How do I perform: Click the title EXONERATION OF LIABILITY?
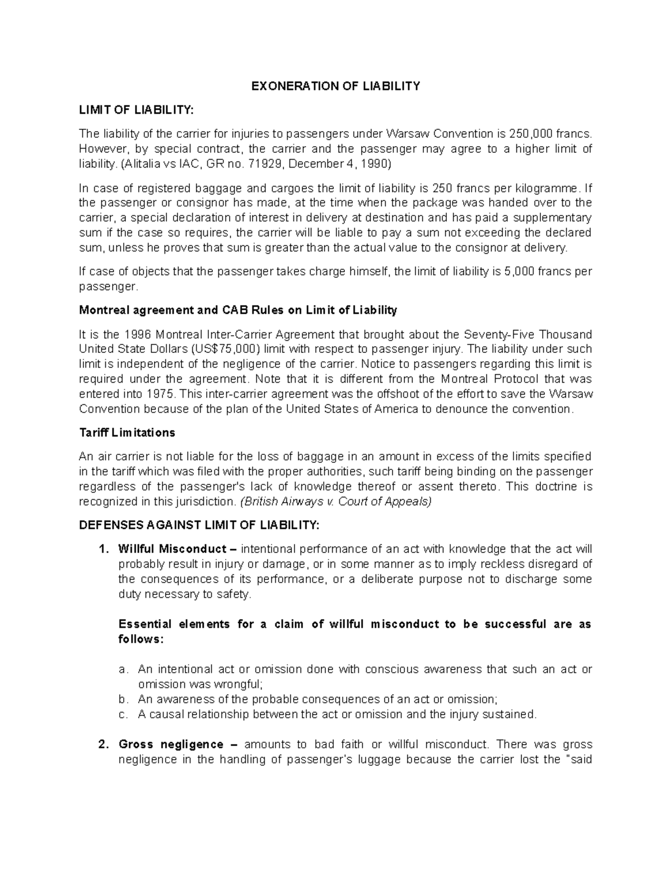pyautogui.click(x=335, y=86)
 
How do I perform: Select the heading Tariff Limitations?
pyautogui.click(x=127, y=432)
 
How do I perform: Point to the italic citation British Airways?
pyautogui.click(x=286, y=501)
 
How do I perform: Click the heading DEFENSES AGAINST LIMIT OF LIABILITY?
pyautogui.click(x=199, y=525)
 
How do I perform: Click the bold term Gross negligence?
pyautogui.click(x=171, y=745)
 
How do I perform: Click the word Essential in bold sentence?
pyautogui.click(x=144, y=624)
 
